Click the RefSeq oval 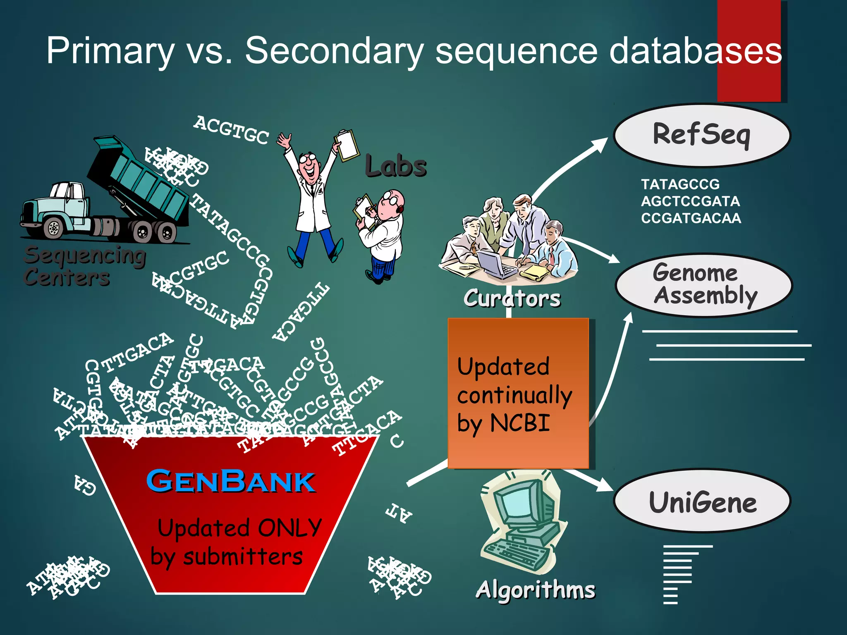click(702, 135)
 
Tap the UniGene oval click(702, 501)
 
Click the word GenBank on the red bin click(231, 481)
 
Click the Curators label click(512, 298)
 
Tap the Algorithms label click(536, 589)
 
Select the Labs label click(396, 166)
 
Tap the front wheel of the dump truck click(54, 228)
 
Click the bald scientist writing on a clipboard click(383, 236)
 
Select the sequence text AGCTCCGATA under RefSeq click(690, 201)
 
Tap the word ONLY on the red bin click(289, 528)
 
